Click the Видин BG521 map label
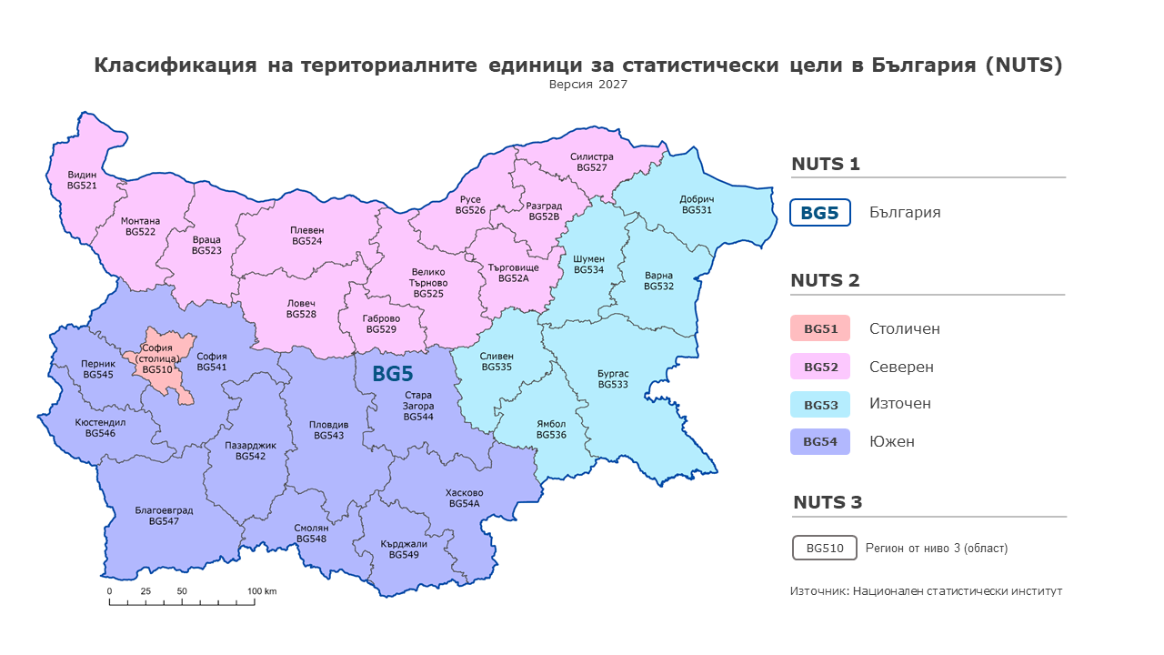82,179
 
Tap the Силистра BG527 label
592,162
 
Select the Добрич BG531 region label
697,205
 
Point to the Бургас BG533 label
613,379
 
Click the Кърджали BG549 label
403,549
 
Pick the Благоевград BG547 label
164,516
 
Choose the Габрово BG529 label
381,324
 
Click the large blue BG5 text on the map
393,373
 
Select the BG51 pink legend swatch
819,328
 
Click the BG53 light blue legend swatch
819,404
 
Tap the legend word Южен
891,442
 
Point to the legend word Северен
900,367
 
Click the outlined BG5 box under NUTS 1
819,213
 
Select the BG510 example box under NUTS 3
824,549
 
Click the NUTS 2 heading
825,280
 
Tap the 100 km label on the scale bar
262,591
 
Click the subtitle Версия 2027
587,84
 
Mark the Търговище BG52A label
513,273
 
